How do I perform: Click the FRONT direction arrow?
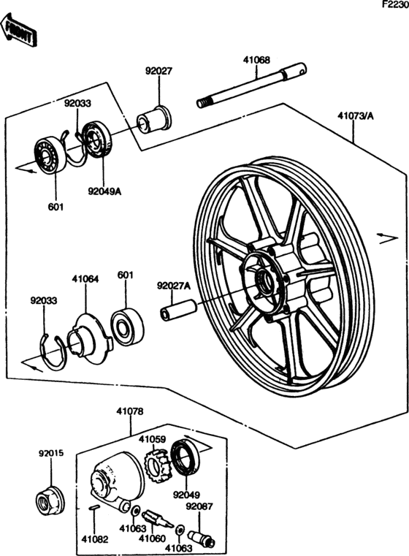pyautogui.click(x=19, y=31)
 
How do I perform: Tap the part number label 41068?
pyautogui.click(x=256, y=60)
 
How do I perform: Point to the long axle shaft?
pyautogui.click(x=252, y=85)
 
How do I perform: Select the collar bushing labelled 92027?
pyautogui.click(x=154, y=119)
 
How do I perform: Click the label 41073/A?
pyautogui.click(x=356, y=115)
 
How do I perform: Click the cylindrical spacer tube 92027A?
pyautogui.click(x=178, y=310)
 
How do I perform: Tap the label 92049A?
pyautogui.click(x=104, y=191)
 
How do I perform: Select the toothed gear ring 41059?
pyautogui.click(x=156, y=463)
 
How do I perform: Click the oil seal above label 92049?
pyautogui.click(x=185, y=457)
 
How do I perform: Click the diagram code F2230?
pyautogui.click(x=395, y=5)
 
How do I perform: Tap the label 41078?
pyautogui.click(x=130, y=411)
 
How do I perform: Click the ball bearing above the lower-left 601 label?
pyautogui.click(x=50, y=155)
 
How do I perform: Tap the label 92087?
pyautogui.click(x=199, y=507)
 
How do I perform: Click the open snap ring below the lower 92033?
pyautogui.click(x=52, y=352)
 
